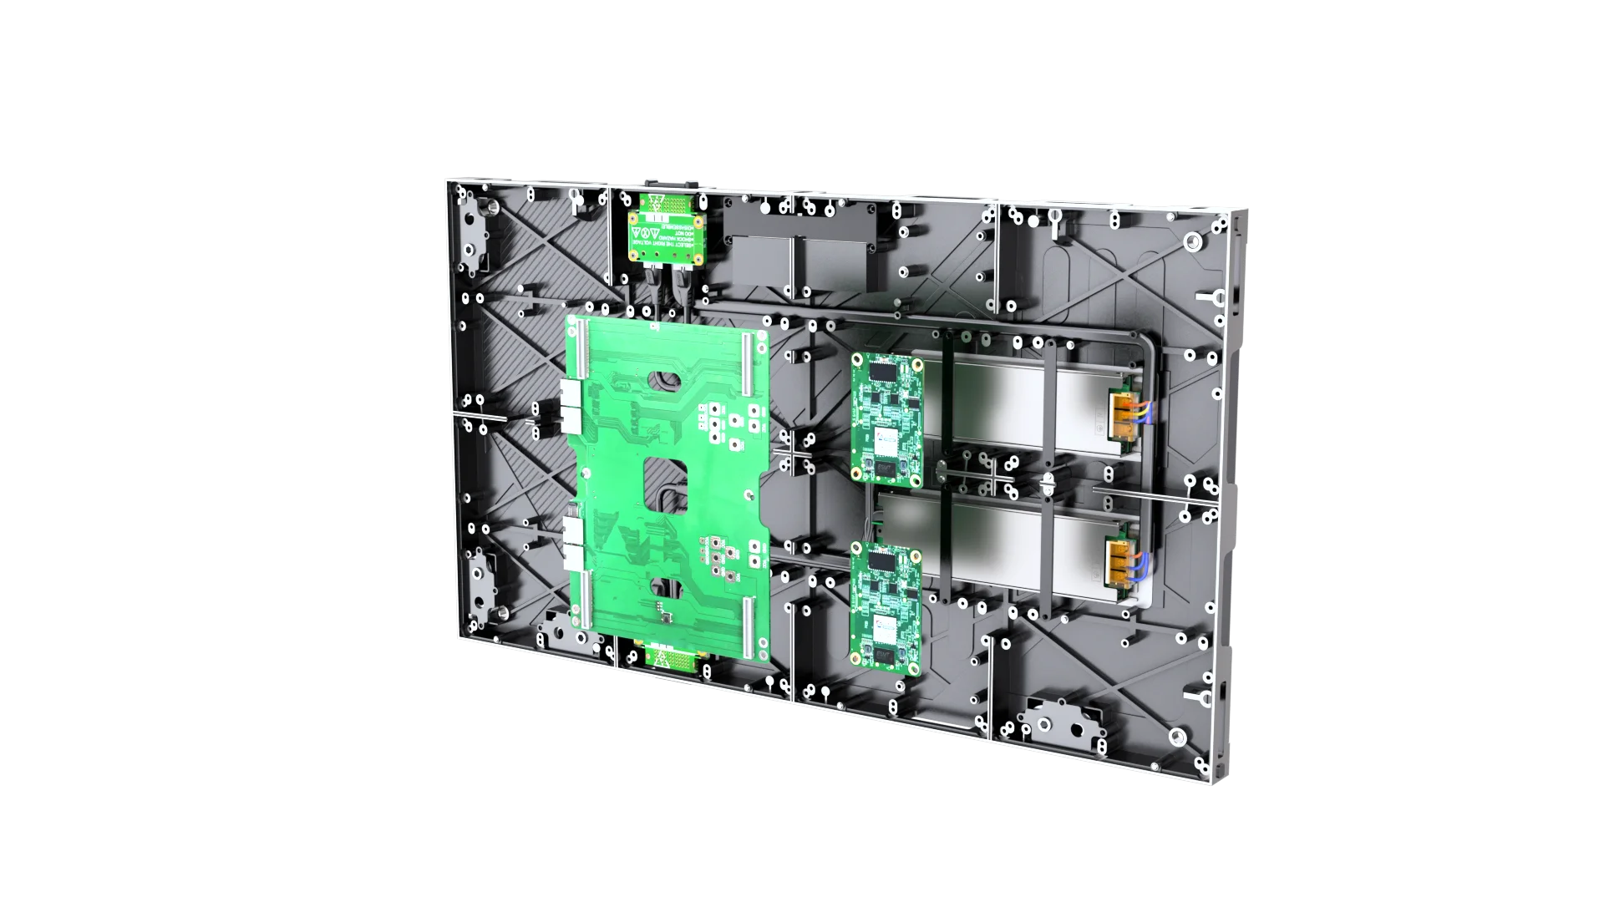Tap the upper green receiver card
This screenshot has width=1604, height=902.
[x=887, y=418]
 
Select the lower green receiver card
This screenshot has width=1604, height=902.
[x=886, y=604]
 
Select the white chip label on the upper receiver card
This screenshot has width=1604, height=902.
[x=887, y=437]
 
